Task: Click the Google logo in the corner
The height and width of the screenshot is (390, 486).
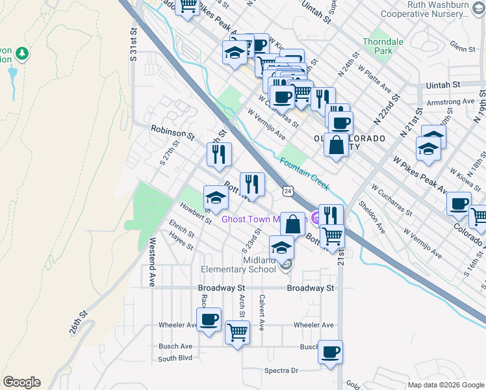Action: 21,382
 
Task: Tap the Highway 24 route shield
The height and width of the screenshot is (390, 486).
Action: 287,190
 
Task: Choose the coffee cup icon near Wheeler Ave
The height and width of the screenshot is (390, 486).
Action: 209,320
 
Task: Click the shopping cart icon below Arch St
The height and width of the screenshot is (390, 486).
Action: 237,333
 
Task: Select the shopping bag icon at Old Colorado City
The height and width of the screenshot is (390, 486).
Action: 337,146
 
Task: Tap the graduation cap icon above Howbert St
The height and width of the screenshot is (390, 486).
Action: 216,198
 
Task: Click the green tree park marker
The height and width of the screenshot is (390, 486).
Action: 23,52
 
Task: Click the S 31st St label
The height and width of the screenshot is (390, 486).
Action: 133,45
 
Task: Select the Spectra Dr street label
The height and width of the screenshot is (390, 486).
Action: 281,370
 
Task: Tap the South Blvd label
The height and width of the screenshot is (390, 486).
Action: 175,358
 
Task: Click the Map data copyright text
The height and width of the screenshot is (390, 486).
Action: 445,385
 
